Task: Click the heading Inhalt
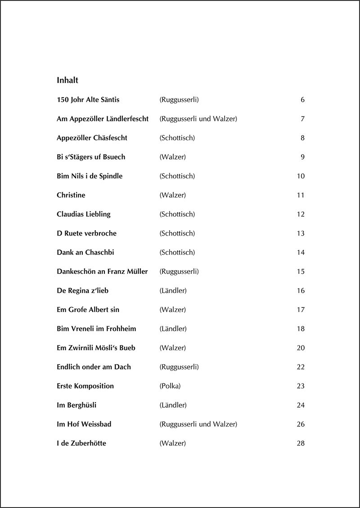click(x=67, y=80)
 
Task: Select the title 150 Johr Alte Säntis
click(x=88, y=100)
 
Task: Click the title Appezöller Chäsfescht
click(x=92, y=138)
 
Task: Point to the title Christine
click(x=71, y=195)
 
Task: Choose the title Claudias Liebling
click(x=84, y=214)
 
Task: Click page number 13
click(x=301, y=233)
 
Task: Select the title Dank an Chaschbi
click(x=85, y=253)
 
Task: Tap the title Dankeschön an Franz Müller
click(x=102, y=272)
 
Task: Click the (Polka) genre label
click(x=170, y=386)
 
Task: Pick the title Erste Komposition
click(x=85, y=386)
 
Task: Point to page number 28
click(x=301, y=443)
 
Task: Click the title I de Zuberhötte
click(x=81, y=443)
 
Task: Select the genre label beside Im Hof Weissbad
click(x=198, y=424)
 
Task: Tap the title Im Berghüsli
click(x=76, y=405)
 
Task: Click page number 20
click(x=301, y=348)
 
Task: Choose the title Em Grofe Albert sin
click(x=88, y=310)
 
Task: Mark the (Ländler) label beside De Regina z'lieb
click(x=173, y=291)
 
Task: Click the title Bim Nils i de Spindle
click(x=90, y=176)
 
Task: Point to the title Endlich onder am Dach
click(x=94, y=367)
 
